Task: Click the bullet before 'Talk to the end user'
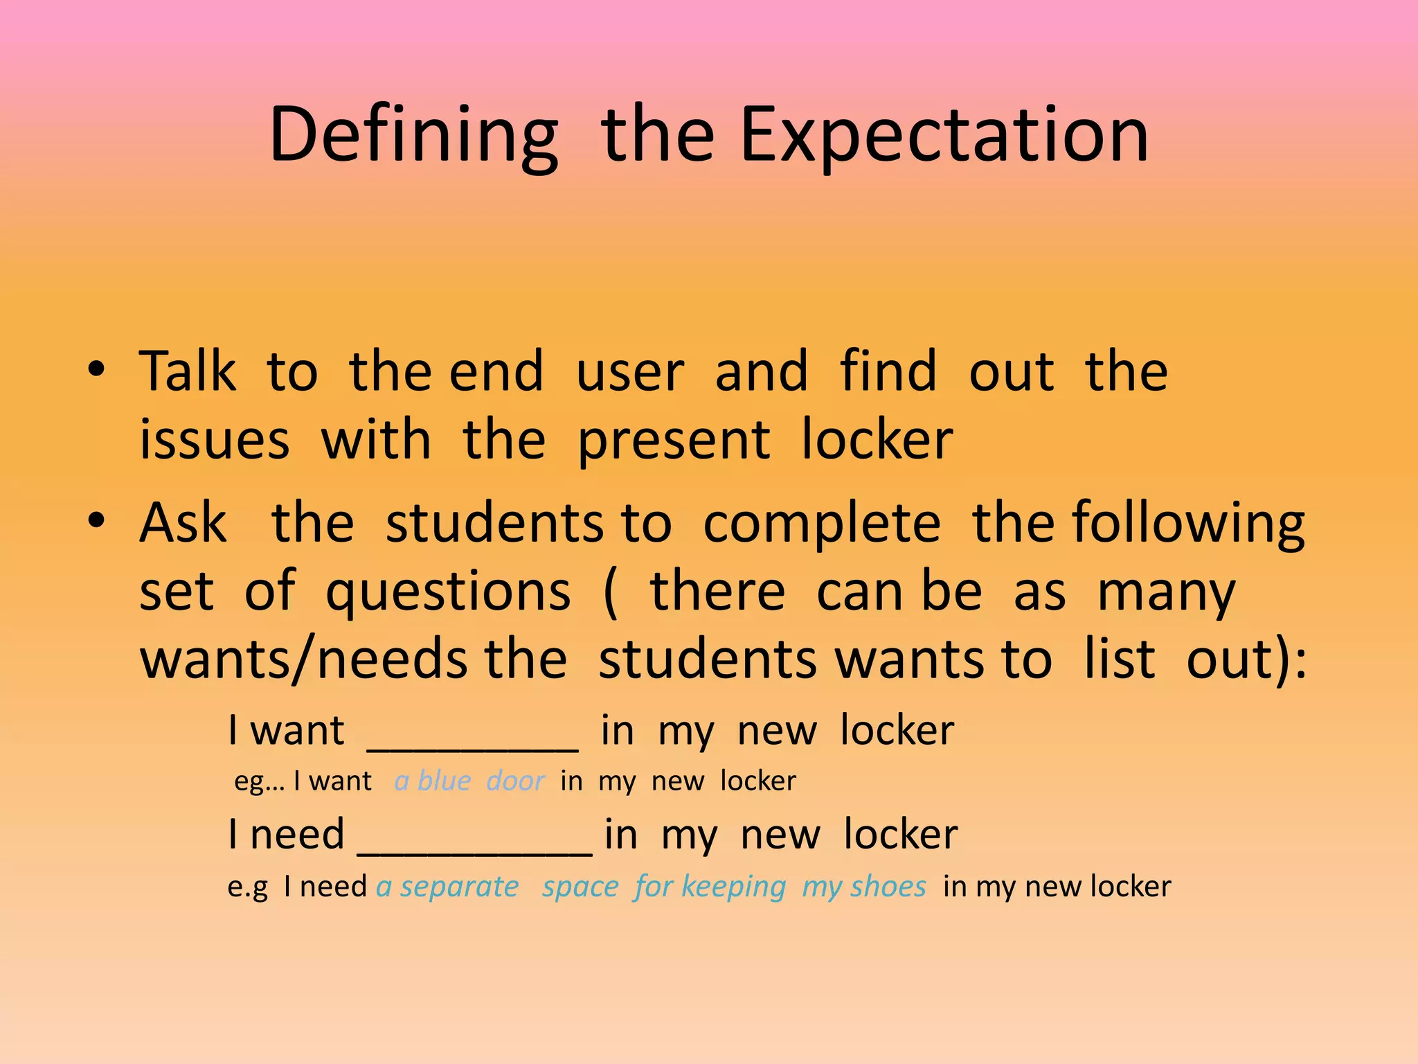click(x=97, y=369)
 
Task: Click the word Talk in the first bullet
click(x=188, y=372)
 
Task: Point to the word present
click(x=673, y=441)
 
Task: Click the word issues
click(x=214, y=441)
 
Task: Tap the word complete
click(x=822, y=523)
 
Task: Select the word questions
click(x=448, y=593)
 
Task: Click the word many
click(x=1166, y=593)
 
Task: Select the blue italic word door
click(x=516, y=781)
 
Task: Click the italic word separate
click(x=459, y=887)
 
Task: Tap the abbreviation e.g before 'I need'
click(x=248, y=887)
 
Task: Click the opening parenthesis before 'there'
click(x=610, y=593)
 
